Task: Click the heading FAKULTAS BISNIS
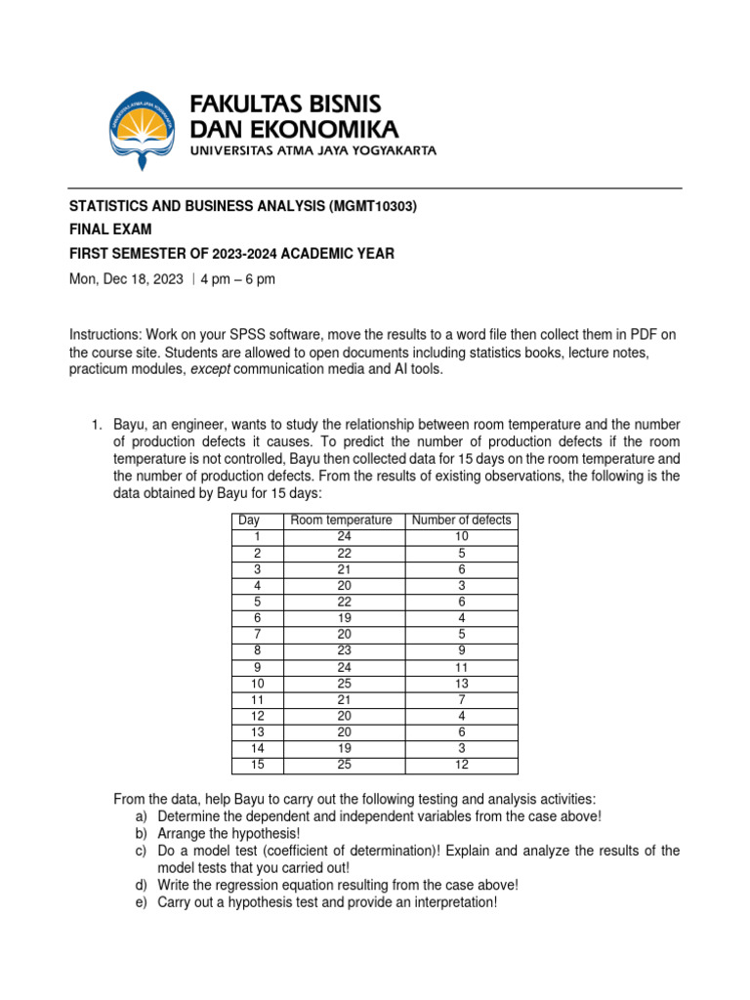[284, 104]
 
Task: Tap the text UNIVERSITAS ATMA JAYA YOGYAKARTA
[312, 151]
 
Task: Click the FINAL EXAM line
[109, 229]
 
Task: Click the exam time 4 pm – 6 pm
[238, 279]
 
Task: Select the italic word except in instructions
[212, 369]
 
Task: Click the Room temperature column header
[341, 520]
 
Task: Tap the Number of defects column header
[461, 520]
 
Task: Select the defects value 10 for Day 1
[461, 535]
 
